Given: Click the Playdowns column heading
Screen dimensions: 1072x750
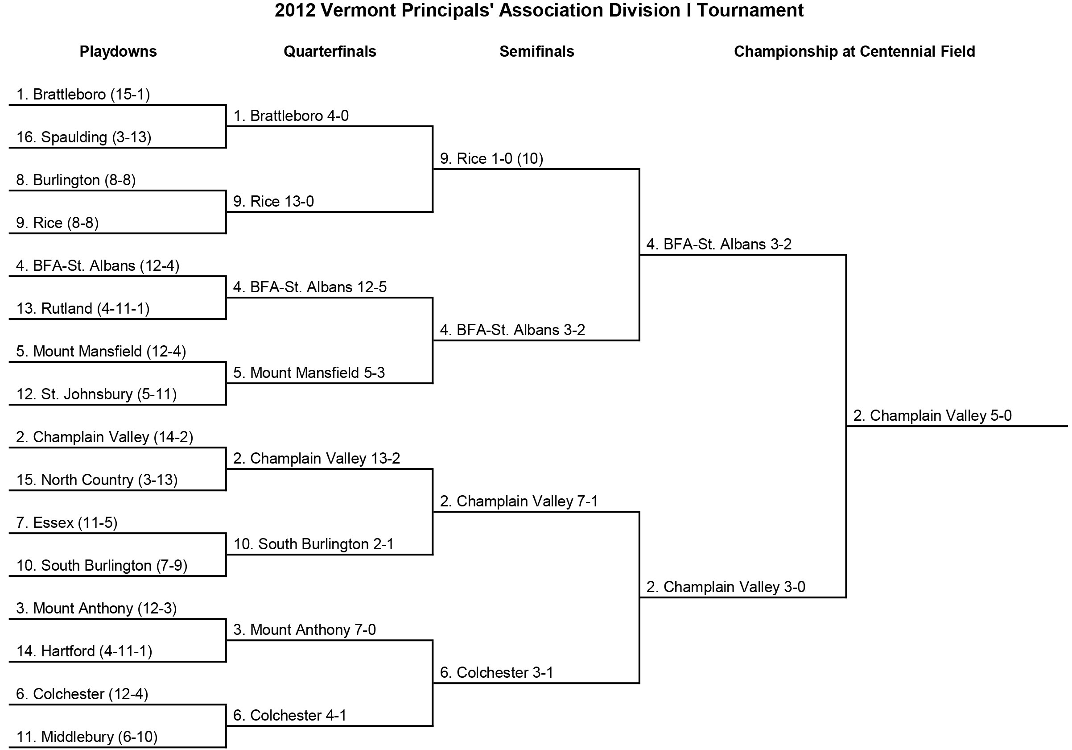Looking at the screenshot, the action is [x=118, y=52].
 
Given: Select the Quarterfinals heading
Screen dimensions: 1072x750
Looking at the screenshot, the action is [x=330, y=51].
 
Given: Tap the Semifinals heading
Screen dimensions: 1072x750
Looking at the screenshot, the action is [x=536, y=51].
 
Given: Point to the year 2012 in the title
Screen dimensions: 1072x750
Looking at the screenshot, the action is [x=295, y=10].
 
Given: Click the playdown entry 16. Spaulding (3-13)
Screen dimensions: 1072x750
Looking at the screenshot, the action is [x=84, y=137].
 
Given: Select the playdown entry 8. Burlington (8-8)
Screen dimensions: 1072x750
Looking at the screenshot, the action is [x=76, y=180].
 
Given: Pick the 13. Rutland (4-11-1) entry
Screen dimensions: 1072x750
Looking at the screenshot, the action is [x=83, y=308].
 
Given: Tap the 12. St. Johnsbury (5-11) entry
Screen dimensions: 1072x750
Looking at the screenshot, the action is [x=97, y=394].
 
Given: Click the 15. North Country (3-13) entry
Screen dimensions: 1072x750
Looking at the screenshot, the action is [x=97, y=480].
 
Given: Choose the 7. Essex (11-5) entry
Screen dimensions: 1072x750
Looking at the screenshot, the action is [x=67, y=522].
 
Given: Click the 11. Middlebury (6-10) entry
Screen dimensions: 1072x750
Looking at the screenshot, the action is [x=87, y=737].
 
